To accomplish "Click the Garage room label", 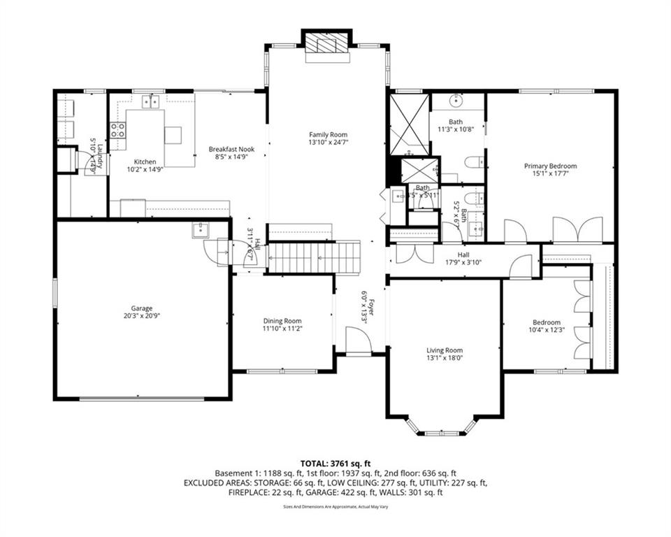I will [141, 308].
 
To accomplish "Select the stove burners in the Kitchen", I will [117, 129].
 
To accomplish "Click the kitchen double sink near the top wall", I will [150, 102].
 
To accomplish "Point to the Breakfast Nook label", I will [231, 149].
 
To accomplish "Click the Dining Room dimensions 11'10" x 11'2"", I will [282, 328].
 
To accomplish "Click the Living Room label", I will [445, 350].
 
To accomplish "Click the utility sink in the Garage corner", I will [200, 230].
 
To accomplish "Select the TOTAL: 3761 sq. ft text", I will [335, 463].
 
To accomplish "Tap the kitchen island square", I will [173, 134].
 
